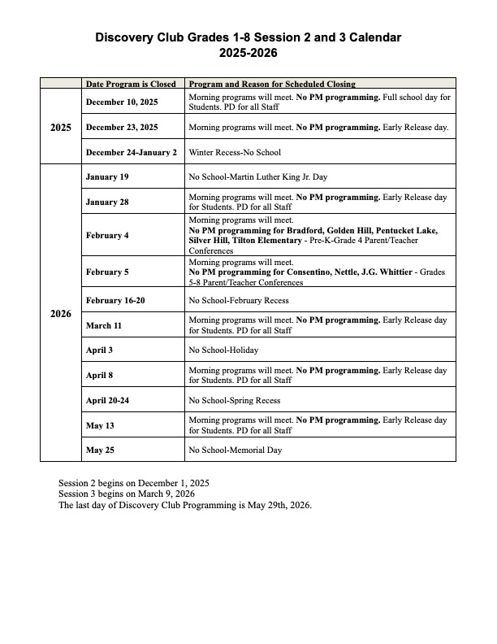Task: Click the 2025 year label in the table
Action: (x=61, y=127)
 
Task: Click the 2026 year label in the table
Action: (x=61, y=313)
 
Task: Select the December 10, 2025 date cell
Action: (x=122, y=102)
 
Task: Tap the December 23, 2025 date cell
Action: (x=122, y=128)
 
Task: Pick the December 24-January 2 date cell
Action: (x=131, y=152)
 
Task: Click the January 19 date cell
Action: (x=107, y=176)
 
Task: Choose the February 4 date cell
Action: (x=107, y=235)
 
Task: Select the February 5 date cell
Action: (x=107, y=272)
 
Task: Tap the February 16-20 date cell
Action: (x=115, y=300)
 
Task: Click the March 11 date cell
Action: (x=105, y=325)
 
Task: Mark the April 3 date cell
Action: (x=102, y=350)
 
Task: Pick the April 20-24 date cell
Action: (x=108, y=400)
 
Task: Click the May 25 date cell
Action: (x=101, y=450)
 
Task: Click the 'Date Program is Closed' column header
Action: (x=131, y=84)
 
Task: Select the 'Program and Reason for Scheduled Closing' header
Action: (x=272, y=84)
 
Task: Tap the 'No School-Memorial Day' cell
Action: (x=236, y=450)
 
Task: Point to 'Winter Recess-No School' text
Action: (x=235, y=152)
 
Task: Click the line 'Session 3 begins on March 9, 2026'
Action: (x=127, y=494)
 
